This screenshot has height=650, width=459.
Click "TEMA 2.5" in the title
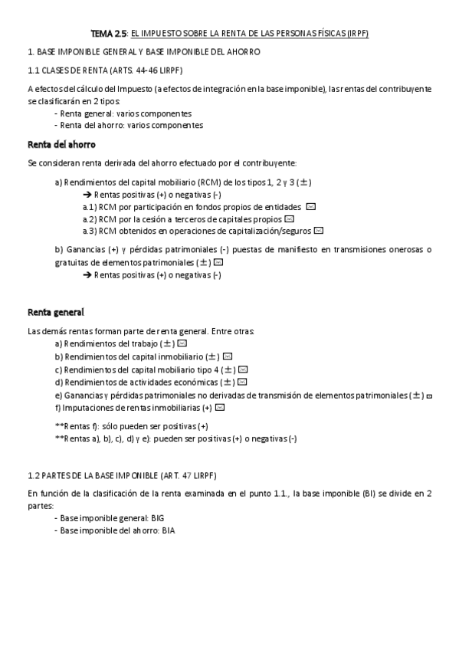(x=109, y=34)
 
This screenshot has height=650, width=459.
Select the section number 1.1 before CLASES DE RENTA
(x=34, y=69)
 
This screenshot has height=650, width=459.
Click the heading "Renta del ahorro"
(x=61, y=144)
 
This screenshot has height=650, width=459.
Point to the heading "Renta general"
(x=56, y=312)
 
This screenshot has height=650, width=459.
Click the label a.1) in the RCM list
(x=89, y=207)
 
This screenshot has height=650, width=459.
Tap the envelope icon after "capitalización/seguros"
(x=319, y=230)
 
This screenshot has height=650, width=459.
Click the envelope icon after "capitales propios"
(x=289, y=218)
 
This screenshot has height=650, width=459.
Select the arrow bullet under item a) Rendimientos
(x=87, y=195)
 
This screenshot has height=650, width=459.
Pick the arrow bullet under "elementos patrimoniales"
(x=87, y=274)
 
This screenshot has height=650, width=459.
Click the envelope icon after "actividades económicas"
(x=242, y=382)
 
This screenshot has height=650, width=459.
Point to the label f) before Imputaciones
(x=58, y=408)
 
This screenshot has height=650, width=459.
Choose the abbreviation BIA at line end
(x=168, y=531)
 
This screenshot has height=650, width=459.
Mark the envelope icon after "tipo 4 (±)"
(x=243, y=369)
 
